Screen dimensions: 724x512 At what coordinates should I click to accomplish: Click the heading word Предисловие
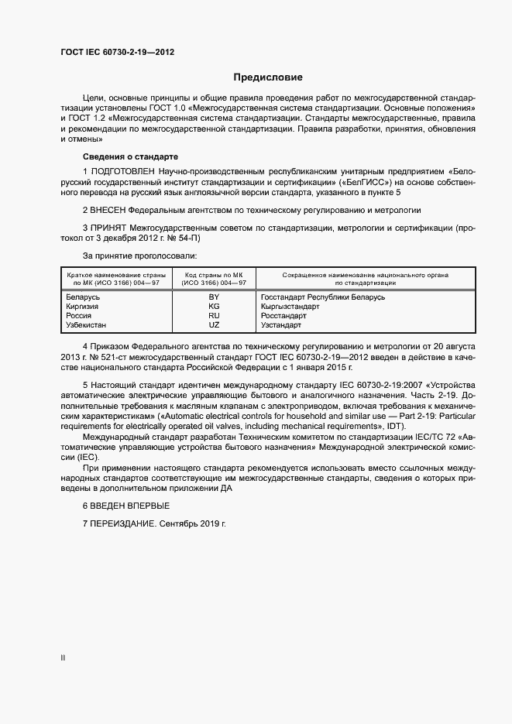coord(267,77)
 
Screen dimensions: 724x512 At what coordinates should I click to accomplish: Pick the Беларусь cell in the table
coord(82,297)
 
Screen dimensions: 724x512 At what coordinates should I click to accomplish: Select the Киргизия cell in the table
coord(82,306)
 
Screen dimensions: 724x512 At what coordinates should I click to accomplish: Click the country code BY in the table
coord(214,297)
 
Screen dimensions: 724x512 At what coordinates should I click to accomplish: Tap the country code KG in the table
coord(214,306)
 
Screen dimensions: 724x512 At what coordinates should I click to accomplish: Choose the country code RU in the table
coord(214,315)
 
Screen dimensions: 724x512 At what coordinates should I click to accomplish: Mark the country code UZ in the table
coord(214,324)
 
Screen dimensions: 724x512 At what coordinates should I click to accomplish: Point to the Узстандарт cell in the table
coord(281,324)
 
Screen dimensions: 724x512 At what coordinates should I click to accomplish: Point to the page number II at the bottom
coord(63,657)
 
